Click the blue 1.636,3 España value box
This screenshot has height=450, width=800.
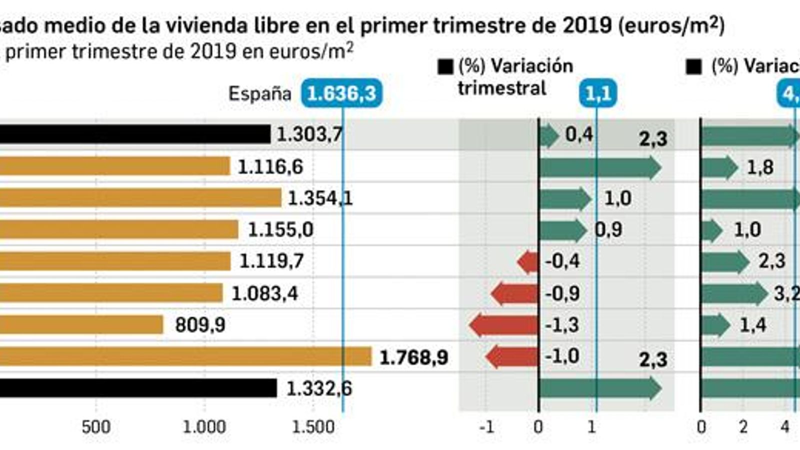pyautogui.click(x=341, y=93)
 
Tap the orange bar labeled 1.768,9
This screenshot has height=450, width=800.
pyautogui.click(x=185, y=356)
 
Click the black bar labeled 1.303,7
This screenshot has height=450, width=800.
pyautogui.click(x=135, y=134)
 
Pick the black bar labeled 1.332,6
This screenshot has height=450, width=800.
pyautogui.click(x=137, y=388)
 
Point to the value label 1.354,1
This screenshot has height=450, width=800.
pyautogui.click(x=320, y=198)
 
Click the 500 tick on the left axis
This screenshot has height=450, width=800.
pyautogui.click(x=95, y=427)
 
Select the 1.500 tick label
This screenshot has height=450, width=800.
pyautogui.click(x=313, y=427)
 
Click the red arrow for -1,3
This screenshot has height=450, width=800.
pyautogui.click(x=504, y=325)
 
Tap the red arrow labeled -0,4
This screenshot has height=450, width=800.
pyautogui.click(x=527, y=261)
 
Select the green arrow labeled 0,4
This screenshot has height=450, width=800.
pyautogui.click(x=548, y=135)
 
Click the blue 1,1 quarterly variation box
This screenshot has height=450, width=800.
pyautogui.click(x=598, y=93)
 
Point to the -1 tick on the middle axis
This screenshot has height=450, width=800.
pyautogui.click(x=486, y=427)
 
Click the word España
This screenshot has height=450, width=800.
pyautogui.click(x=259, y=93)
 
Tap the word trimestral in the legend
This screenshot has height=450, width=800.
pyautogui.click(x=501, y=88)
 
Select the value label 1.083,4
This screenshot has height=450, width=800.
pyautogui.click(x=264, y=293)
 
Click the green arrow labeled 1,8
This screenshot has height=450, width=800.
pyautogui.click(x=719, y=167)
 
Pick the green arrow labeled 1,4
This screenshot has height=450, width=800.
pyautogui.click(x=715, y=325)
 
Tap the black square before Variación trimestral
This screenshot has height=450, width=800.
pyautogui.click(x=445, y=66)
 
